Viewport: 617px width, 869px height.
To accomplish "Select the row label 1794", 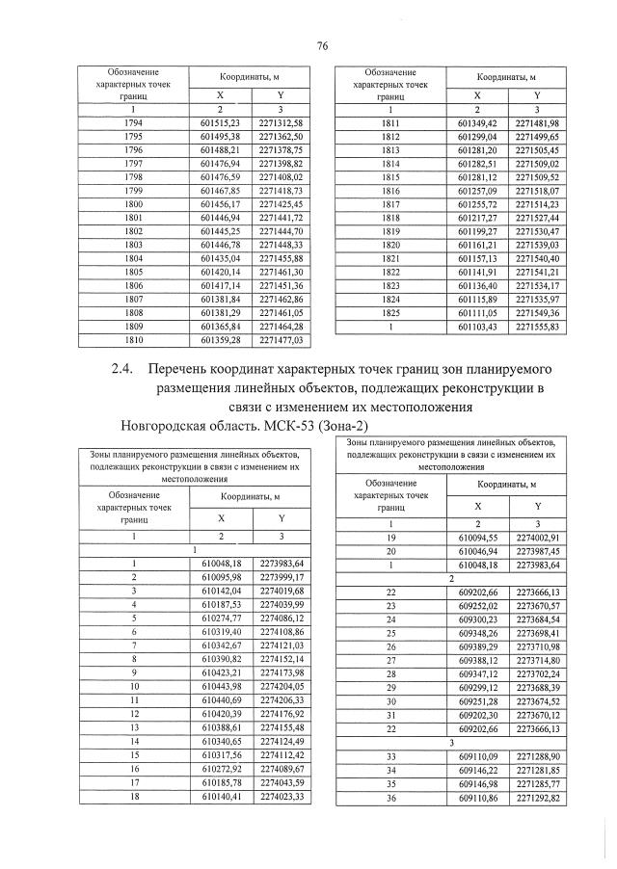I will click(134, 123).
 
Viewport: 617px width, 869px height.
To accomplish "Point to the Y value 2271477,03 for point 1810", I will click(282, 340).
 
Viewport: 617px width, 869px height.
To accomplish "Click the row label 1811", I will click(390, 123).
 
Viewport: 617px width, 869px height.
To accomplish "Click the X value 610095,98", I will click(221, 576).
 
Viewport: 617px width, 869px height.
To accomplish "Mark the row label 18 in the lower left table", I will click(135, 797).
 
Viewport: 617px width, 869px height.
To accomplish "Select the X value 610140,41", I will click(221, 797).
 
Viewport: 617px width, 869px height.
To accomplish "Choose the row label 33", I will click(390, 758).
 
